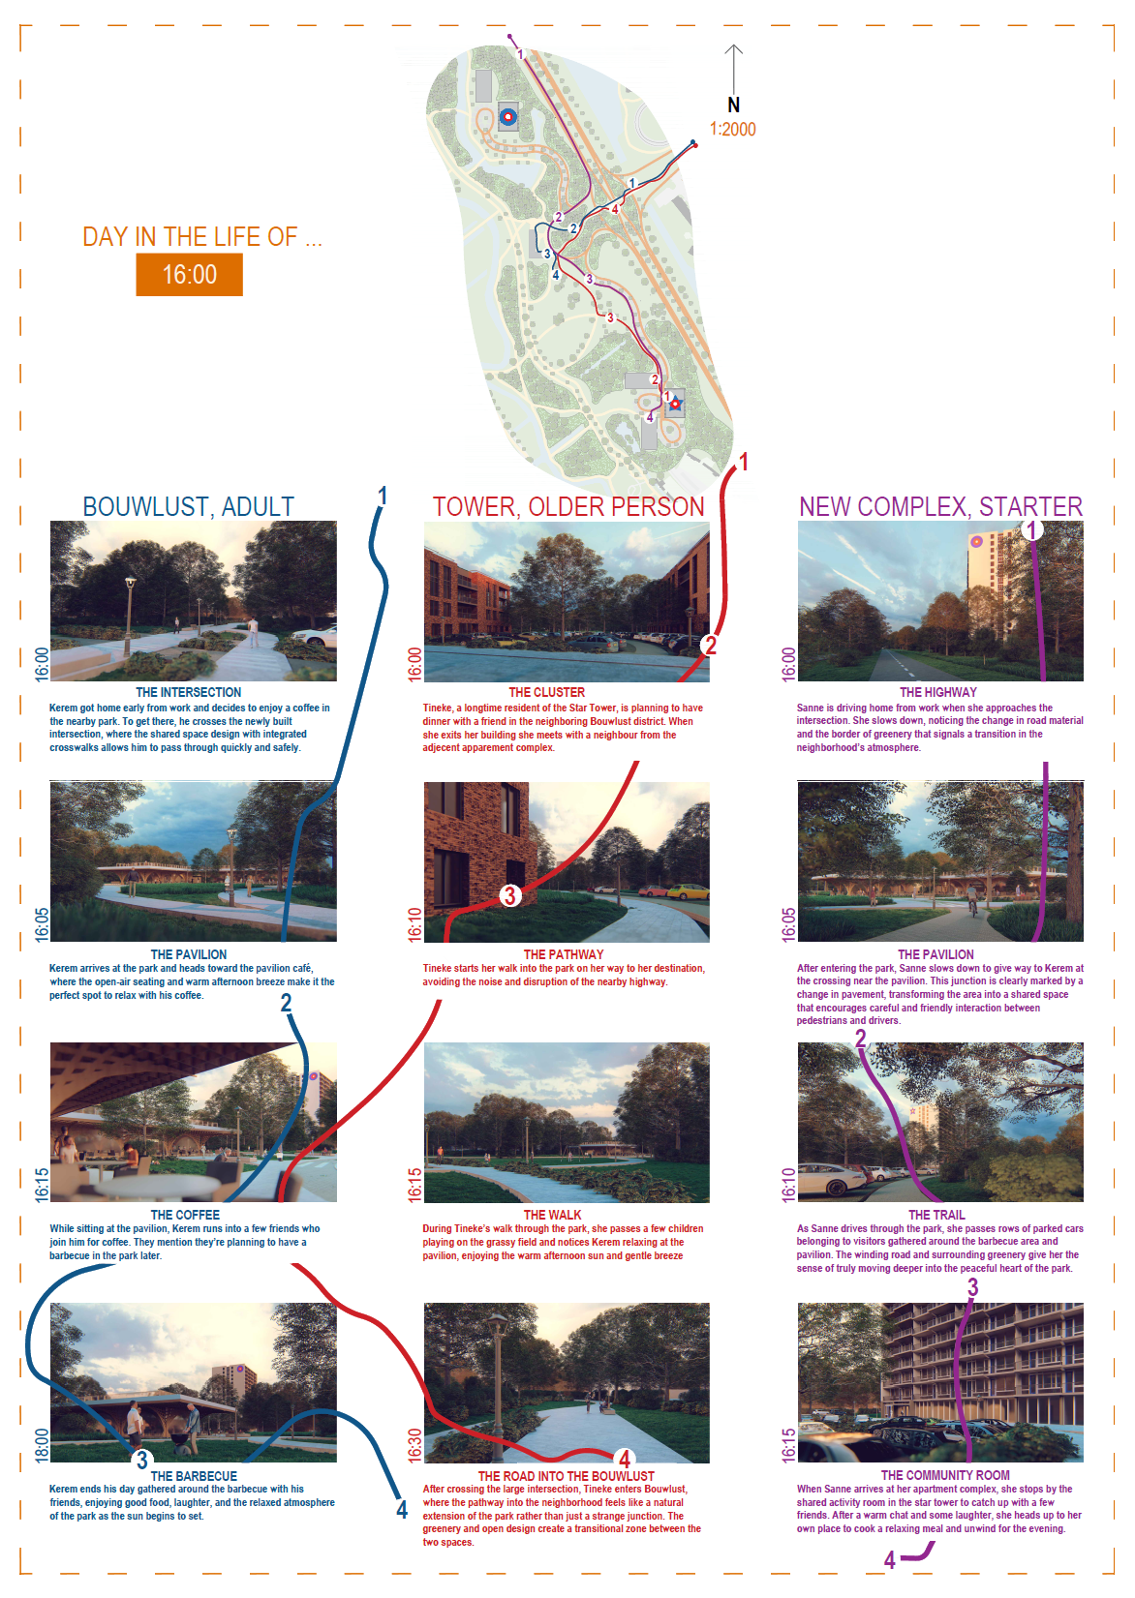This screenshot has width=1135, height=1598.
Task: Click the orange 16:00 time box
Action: coord(189,275)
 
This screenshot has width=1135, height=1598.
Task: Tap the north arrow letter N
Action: coord(733,105)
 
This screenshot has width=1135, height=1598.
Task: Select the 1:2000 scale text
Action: coord(732,129)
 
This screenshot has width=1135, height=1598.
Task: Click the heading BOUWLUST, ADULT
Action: coord(189,506)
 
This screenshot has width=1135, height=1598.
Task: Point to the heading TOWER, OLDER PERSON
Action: coord(568,506)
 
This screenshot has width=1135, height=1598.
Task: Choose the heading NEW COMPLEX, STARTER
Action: coord(941,506)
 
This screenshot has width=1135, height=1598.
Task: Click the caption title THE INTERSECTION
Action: coord(189,692)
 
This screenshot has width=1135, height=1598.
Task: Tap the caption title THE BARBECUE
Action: coord(194,1476)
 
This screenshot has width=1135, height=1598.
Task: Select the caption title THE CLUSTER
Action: coord(547,692)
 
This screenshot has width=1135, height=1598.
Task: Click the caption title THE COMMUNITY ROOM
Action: coord(945,1475)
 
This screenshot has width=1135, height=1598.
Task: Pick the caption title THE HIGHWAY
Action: coord(938,692)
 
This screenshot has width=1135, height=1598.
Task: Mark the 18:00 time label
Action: coord(42,1445)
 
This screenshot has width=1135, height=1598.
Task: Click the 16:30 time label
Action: coord(414,1445)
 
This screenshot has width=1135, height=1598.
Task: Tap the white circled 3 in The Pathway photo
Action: coord(509,895)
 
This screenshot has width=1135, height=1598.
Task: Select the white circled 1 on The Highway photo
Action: coord(1031,530)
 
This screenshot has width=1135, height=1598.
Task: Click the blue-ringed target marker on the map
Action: coord(507,116)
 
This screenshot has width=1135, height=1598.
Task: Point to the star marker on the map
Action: coord(675,405)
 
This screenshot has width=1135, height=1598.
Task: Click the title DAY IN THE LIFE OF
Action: coord(202,237)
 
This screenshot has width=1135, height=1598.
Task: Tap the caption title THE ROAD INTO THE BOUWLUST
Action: coord(567,1476)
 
